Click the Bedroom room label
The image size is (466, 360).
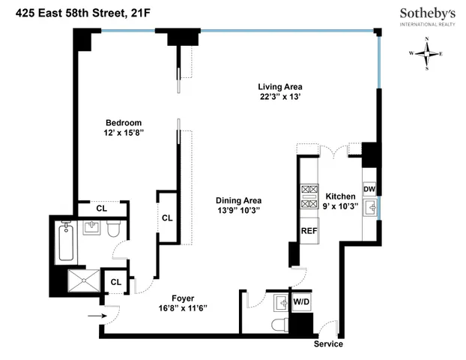[x=123, y=122]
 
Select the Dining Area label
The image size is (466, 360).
[x=237, y=201]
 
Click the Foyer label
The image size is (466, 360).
[x=183, y=296]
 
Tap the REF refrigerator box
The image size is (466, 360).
[x=308, y=231]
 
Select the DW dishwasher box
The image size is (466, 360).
[x=369, y=189]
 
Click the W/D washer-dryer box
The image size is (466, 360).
[x=301, y=302]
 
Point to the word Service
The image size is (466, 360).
[x=328, y=344]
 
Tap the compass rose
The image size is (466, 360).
[x=427, y=53]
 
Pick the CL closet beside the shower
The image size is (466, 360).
[x=116, y=282]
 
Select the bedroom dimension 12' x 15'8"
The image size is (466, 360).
[x=123, y=133]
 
